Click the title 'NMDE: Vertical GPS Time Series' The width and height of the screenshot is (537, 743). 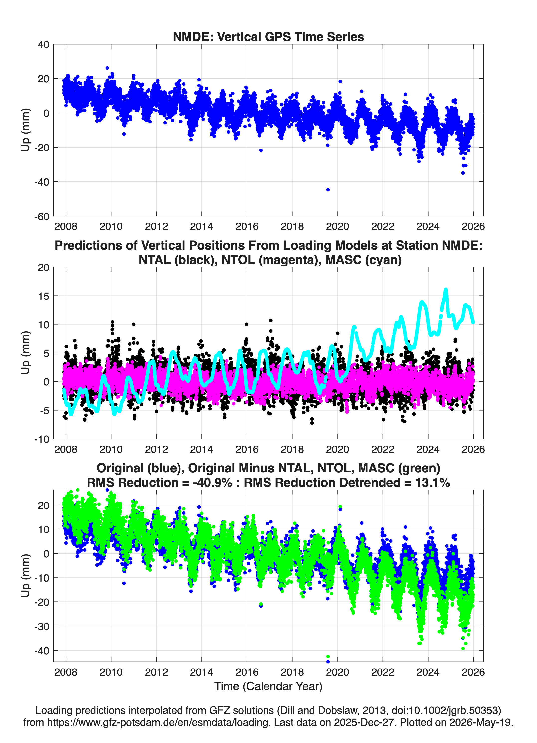(268, 37)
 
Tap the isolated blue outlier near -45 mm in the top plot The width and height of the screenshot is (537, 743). (328, 190)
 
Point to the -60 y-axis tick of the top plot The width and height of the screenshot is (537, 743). (42, 216)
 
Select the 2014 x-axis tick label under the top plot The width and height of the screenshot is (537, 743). (202, 226)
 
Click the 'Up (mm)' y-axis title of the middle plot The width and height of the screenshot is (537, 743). (26, 353)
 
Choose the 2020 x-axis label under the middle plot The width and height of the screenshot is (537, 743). (337, 449)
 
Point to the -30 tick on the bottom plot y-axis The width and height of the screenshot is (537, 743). (42, 626)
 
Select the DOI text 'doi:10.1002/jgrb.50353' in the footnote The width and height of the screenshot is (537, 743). (445, 710)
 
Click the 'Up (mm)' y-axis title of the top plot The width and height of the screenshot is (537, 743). (26, 130)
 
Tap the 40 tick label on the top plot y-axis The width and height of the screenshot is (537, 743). (44, 45)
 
